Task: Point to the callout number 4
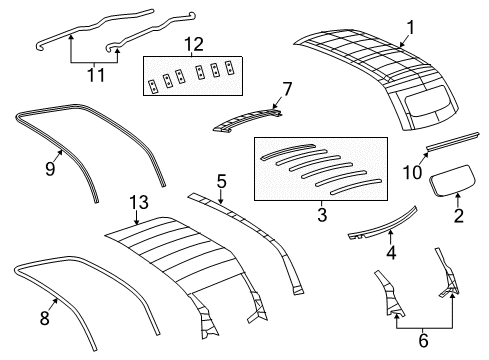(391, 253)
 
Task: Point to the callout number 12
(194, 43)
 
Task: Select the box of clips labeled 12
(194, 77)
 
